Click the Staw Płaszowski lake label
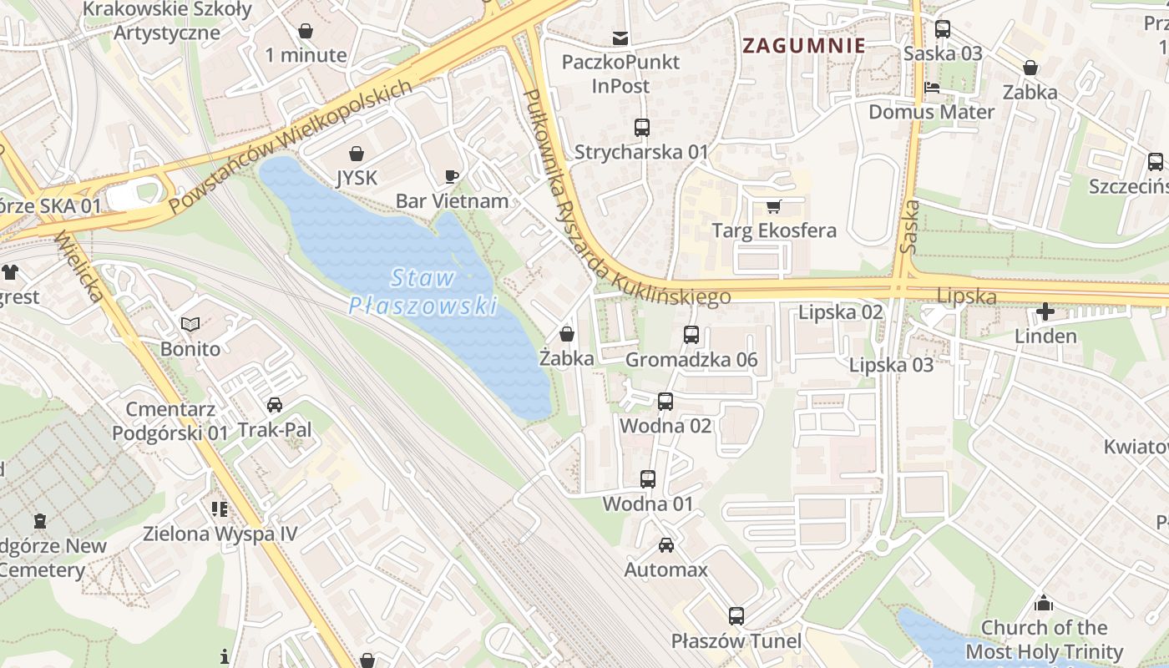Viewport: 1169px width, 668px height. point(423,292)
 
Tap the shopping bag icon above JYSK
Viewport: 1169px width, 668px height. point(357,154)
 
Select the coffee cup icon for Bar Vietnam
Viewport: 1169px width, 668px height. point(452,176)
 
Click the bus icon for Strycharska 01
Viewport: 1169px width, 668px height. point(641,128)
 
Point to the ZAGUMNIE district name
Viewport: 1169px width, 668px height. point(803,46)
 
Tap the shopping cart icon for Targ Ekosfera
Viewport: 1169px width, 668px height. point(773,206)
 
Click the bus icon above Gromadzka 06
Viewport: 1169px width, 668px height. point(691,335)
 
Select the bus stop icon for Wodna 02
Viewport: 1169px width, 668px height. point(665,402)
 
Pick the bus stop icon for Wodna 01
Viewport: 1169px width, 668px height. point(648,479)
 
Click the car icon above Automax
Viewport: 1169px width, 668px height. point(665,545)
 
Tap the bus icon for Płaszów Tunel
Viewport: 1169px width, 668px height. point(736,616)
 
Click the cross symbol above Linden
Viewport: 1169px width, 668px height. point(1045,312)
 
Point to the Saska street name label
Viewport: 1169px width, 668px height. point(910,225)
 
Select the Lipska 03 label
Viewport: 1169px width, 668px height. point(891,365)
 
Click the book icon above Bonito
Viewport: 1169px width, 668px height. point(190,324)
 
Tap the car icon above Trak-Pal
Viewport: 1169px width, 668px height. point(274,405)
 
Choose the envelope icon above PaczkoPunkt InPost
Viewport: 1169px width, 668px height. point(620,38)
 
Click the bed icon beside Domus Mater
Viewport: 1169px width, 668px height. point(932,88)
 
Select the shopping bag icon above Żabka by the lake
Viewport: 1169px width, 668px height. point(567,334)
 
